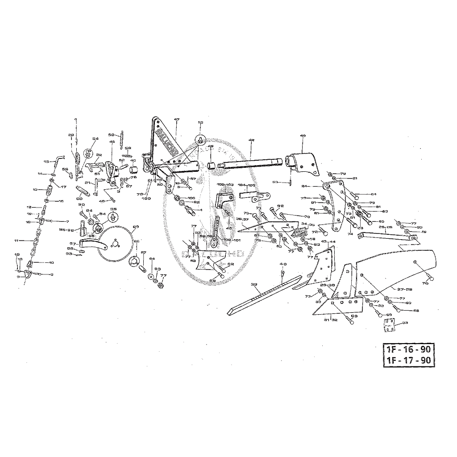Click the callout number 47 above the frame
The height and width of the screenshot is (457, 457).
177,120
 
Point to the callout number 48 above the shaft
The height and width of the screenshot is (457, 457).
251,140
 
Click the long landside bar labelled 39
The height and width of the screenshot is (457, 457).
263,295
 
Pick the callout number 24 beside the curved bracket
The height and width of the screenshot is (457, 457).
316,186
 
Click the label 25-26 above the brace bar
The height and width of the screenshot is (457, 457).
386,227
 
